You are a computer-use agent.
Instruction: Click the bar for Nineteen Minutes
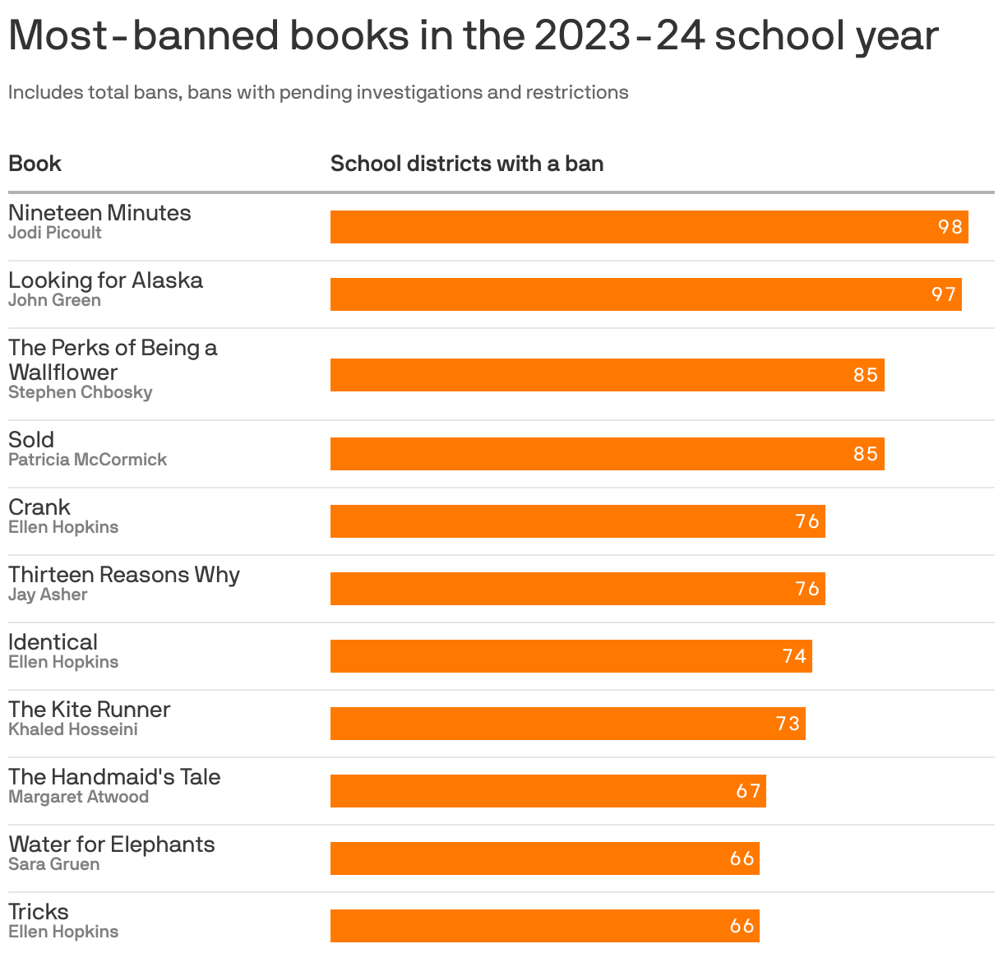tap(649, 227)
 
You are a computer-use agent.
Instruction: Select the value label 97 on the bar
tap(944, 294)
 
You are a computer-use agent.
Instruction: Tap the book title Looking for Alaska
tap(105, 280)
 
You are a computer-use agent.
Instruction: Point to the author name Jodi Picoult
tap(55, 233)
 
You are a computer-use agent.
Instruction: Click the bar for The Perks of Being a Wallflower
tap(607, 375)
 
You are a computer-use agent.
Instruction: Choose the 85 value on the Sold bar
tap(866, 454)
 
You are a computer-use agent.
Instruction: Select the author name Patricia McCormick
tap(87, 460)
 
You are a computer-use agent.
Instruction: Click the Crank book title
tap(39, 507)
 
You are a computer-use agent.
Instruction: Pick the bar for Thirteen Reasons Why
tap(577, 589)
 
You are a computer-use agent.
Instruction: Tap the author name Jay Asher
tap(48, 595)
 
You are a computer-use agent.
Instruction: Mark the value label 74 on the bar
tap(794, 656)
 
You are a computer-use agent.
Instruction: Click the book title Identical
tap(53, 642)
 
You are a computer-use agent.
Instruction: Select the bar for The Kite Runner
tap(567, 724)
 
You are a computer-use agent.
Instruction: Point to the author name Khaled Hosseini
tap(73, 729)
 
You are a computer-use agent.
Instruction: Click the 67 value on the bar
tap(748, 791)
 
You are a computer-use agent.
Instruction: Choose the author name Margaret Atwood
tap(78, 797)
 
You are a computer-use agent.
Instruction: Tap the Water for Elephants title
tap(112, 844)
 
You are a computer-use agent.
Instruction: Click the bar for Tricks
tap(544, 926)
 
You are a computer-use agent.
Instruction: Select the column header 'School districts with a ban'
tap(467, 164)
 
